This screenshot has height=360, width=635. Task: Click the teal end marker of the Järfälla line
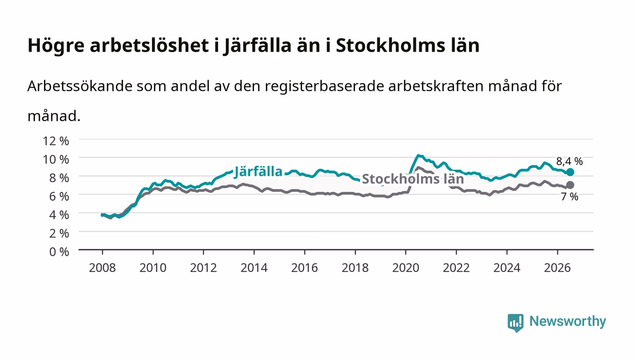[570, 172]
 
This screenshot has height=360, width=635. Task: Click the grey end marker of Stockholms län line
[570, 185]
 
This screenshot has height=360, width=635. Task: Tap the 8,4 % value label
[569, 161]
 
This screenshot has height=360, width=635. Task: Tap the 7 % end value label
[570, 196]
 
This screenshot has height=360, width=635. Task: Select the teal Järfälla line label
[259, 172]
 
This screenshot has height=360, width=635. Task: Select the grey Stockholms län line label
[413, 179]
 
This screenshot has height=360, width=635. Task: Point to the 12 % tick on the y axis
[55, 141]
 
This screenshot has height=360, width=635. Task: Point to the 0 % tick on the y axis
[59, 252]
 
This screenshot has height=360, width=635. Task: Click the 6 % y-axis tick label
[59, 196]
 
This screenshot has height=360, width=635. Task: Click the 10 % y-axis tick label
[55, 159]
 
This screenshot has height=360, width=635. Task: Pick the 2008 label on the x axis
[103, 268]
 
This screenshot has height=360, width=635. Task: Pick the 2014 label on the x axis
[254, 268]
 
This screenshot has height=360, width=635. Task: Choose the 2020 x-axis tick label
[405, 268]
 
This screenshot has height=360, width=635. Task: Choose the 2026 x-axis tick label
[557, 268]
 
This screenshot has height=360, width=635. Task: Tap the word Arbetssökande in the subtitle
[80, 86]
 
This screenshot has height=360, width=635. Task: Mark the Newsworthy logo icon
[515, 323]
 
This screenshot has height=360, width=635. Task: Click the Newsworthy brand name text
[568, 321]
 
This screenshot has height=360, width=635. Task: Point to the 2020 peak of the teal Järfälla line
[418, 156]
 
